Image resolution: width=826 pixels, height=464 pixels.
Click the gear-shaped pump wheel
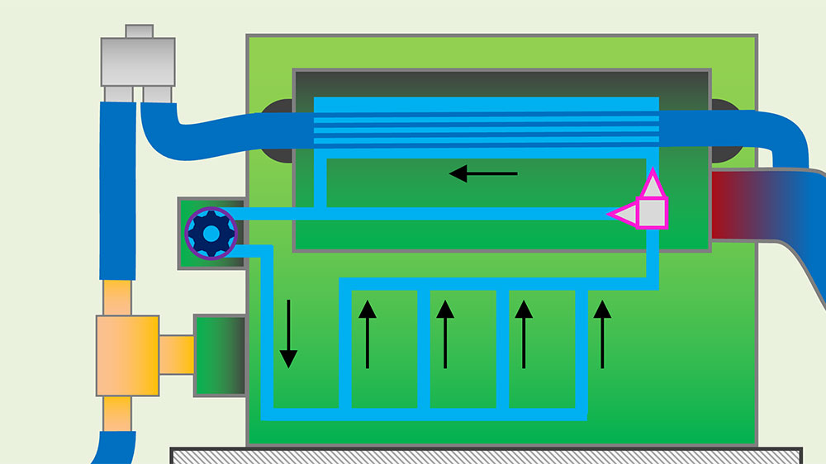211,234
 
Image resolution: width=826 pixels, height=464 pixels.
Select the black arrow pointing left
482,173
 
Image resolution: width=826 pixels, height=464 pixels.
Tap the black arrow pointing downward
288,334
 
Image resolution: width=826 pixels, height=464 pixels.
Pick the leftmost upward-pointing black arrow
367,334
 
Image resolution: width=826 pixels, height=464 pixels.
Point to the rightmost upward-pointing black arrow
602,334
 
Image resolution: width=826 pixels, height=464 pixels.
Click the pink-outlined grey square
653,212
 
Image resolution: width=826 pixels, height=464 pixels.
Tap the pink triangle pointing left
624,214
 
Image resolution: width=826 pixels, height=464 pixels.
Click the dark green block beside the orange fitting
219,354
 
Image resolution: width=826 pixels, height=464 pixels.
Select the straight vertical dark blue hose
117,190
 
